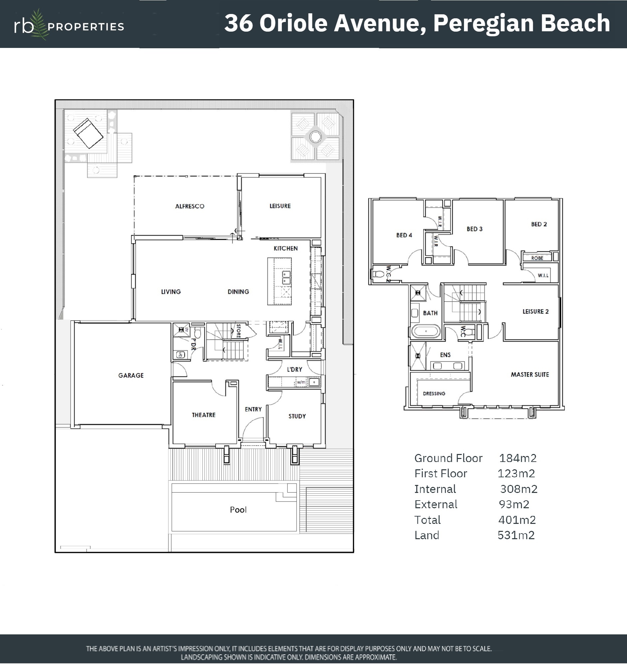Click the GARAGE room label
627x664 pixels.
[131, 375]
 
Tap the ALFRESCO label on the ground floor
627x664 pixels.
[189, 206]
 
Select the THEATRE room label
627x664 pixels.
[204, 415]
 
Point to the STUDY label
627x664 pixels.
[297, 416]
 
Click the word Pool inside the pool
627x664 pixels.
[238, 510]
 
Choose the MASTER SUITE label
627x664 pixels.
[530, 375]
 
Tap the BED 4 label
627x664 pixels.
[404, 235]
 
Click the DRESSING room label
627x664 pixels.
[434, 393]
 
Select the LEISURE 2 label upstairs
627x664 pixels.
[535, 312]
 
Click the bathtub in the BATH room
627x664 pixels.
[426, 332]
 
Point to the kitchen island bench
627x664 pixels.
[280, 281]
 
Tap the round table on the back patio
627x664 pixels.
[315, 136]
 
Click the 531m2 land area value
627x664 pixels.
[516, 535]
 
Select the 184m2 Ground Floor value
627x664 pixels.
[518, 458]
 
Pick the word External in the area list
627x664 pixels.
[436, 504]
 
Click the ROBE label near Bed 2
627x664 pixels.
[537, 258]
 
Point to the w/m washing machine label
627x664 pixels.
[301, 382]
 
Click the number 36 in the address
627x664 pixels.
[238, 23]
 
